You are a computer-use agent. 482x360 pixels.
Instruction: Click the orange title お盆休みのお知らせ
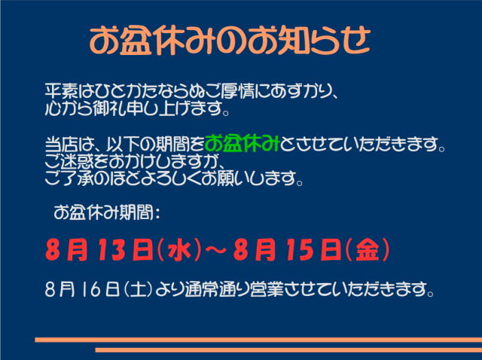click(230, 41)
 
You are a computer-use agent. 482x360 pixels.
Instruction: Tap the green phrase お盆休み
click(242, 144)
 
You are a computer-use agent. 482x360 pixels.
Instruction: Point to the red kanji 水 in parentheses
click(179, 251)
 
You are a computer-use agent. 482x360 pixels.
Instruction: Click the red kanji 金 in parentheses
click(368, 251)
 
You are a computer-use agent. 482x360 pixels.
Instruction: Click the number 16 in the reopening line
click(91, 289)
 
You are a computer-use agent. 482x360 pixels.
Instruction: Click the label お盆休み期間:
click(107, 212)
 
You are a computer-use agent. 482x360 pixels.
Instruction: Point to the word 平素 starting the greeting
click(60, 91)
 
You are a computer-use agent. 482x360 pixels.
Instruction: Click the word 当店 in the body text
click(60, 144)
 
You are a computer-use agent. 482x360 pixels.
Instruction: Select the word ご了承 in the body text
click(69, 178)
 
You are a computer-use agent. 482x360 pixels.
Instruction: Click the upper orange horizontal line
click(258, 340)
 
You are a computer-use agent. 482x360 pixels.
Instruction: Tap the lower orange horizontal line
click(288, 350)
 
